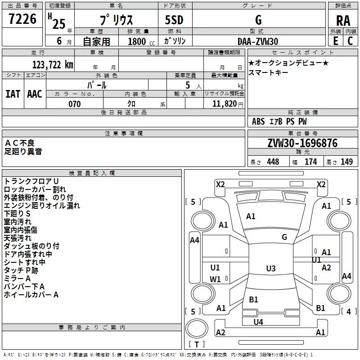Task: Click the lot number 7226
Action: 22,18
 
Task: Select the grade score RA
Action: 343,21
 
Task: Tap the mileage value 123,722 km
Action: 53,65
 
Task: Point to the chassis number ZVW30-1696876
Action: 302,143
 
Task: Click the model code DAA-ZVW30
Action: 257,41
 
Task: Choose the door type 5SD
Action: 174,20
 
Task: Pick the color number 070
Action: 75,104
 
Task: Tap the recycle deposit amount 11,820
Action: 224,104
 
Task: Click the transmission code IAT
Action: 13,94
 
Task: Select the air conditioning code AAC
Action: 35,94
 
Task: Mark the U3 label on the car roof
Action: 271,268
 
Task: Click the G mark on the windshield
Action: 284,237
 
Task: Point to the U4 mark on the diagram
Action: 258,322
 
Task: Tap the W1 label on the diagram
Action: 215,279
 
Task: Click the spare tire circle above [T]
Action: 197,328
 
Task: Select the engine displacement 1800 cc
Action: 141,41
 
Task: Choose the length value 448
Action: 273,162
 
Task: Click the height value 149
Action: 346,162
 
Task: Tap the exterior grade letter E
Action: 336,41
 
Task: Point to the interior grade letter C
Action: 350,41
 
